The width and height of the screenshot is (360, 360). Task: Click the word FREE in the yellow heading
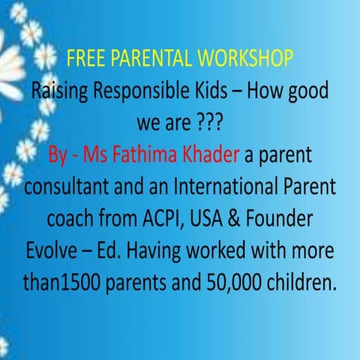point(83,58)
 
